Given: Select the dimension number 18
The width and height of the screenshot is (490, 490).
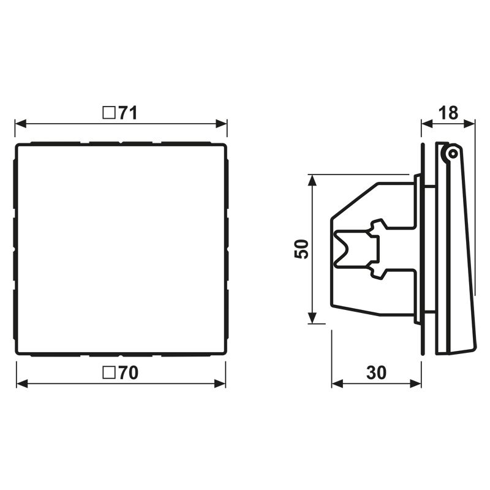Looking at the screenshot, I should (448, 113).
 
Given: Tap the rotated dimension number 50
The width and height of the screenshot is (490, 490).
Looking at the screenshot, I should (302, 249).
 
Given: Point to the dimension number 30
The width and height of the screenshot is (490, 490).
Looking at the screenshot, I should (377, 373).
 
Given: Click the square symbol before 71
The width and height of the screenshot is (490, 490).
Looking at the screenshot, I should (109, 113).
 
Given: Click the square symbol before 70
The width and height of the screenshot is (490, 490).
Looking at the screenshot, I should (109, 373).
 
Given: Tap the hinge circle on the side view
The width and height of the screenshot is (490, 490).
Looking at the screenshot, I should (452, 153).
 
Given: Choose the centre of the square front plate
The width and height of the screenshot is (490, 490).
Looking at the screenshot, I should (121, 249).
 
